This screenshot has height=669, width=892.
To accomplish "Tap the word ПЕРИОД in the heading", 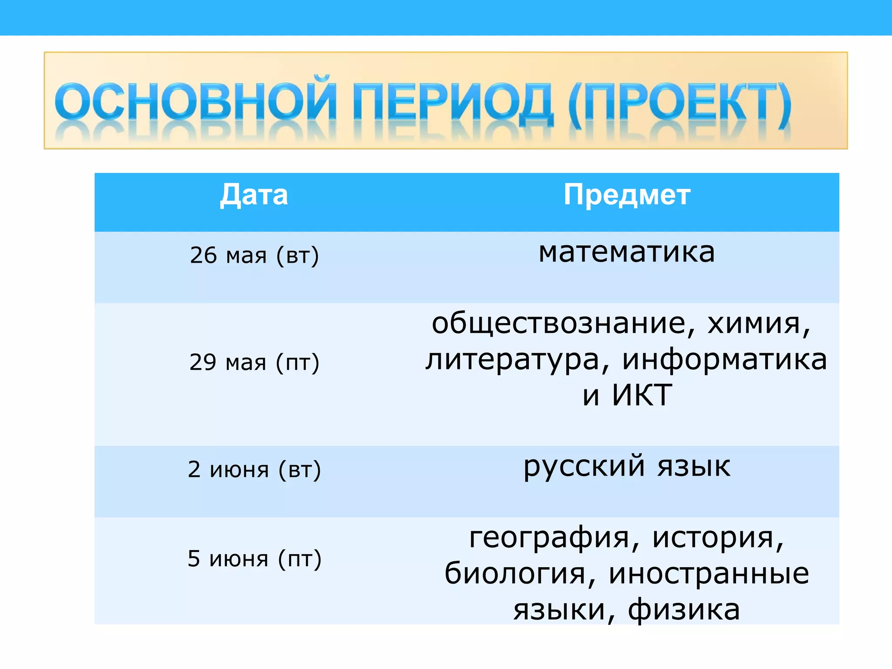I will (453, 102).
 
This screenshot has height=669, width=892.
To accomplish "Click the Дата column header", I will (254, 195).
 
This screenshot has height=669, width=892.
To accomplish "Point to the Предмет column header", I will (627, 195).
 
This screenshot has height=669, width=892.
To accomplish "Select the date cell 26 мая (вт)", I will (254, 255).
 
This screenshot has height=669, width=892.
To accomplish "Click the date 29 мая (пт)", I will (254, 362).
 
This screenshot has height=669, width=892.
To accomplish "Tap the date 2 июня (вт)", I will (254, 470).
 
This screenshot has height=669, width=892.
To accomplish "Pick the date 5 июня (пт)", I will (254, 559).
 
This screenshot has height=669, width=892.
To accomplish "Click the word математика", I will (627, 252).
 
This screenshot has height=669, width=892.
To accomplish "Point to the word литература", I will (512, 361).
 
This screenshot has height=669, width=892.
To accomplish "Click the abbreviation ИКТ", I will (642, 395).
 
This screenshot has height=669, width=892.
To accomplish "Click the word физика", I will (684, 610).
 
